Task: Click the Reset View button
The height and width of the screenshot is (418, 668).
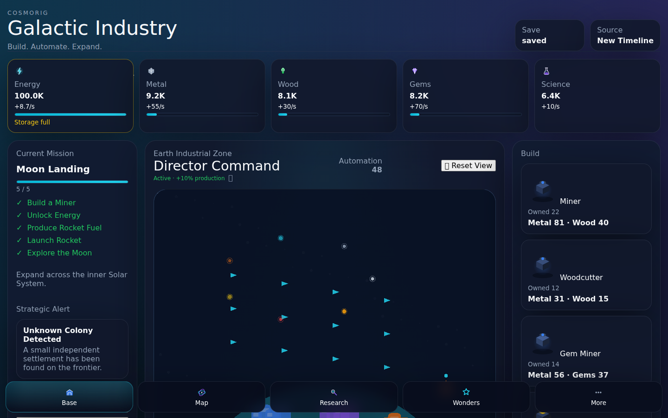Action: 468,165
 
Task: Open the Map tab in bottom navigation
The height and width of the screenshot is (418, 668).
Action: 202,397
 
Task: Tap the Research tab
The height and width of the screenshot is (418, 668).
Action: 334,397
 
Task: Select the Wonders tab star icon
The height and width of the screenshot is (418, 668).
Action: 466,392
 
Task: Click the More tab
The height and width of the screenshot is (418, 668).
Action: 598,397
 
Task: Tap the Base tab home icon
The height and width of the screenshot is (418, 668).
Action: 70,392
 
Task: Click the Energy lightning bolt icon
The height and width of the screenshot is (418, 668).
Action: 19,71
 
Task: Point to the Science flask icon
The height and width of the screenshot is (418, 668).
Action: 546,71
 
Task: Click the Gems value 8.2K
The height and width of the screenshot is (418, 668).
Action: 419,96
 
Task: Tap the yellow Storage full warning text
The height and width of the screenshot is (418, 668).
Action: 32,122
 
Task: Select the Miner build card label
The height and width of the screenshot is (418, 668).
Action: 570,201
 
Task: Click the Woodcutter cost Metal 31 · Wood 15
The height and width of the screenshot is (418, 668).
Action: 568,299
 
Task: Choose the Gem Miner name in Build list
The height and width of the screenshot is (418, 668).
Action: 580,353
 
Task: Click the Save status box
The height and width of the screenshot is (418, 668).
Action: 549,35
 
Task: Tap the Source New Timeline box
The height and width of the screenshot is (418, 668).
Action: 625,35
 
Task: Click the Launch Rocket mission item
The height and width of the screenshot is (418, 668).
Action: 54,241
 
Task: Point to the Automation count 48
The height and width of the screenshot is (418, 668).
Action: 377,170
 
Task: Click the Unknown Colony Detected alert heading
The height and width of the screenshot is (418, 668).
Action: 58,335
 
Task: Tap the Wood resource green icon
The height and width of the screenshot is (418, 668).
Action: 283,71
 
